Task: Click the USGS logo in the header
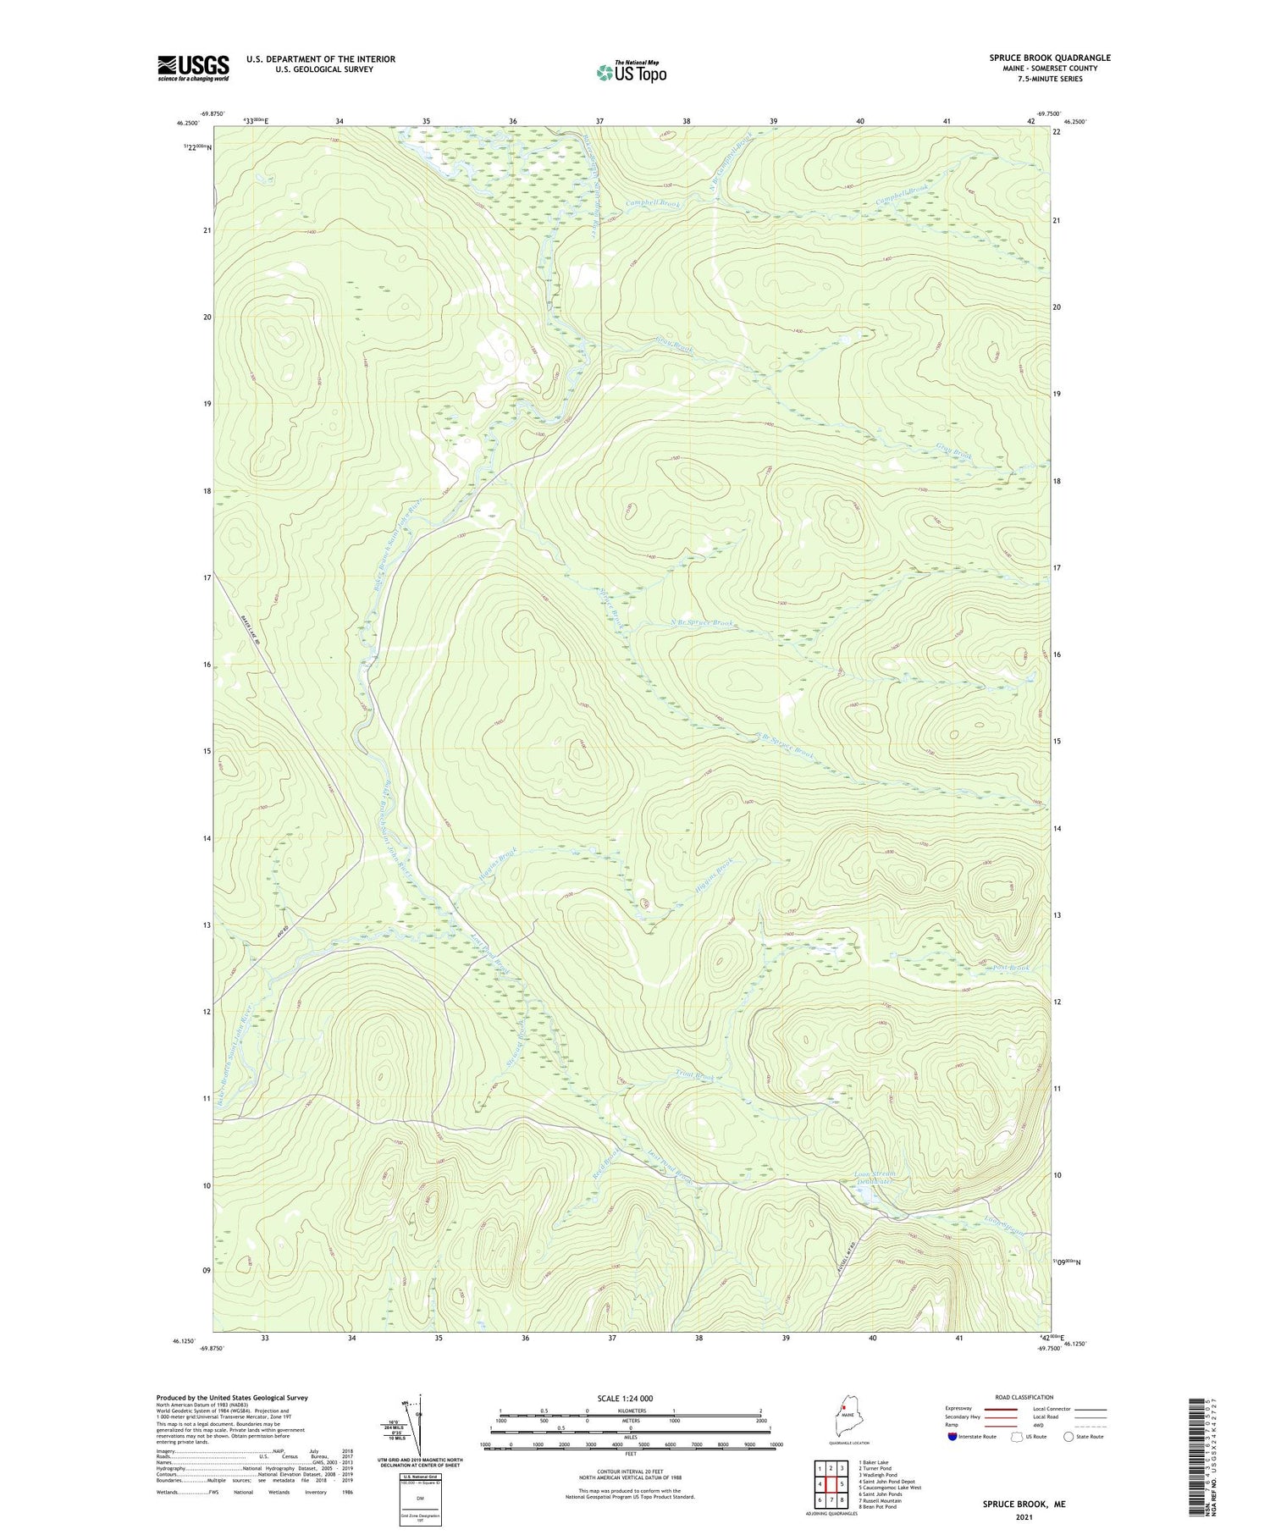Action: point(193,68)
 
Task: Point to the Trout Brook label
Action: point(695,1077)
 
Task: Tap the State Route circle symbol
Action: point(1068,1437)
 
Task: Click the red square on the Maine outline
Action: point(844,1409)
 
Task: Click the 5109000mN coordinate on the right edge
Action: point(1066,1262)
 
